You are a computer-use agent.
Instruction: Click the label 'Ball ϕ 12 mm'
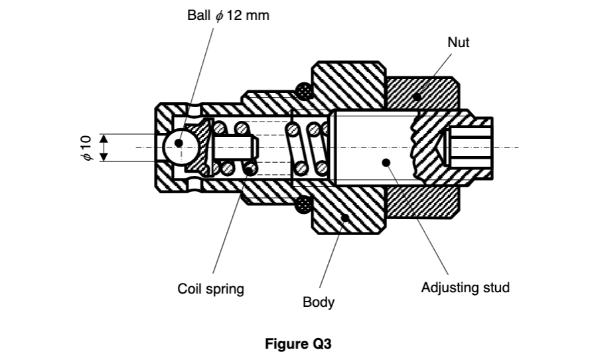229,15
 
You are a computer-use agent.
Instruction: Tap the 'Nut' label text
458,43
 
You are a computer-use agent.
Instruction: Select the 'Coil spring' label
210,289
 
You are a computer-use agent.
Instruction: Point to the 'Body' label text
319,303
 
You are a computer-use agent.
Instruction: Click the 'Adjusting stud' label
465,288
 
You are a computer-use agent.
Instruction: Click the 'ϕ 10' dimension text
86,147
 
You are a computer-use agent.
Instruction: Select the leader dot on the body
344,217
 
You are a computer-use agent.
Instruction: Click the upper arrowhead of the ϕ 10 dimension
104,137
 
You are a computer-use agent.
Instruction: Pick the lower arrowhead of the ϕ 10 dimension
104,157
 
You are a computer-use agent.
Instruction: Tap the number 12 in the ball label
234,15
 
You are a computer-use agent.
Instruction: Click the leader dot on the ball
179,142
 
